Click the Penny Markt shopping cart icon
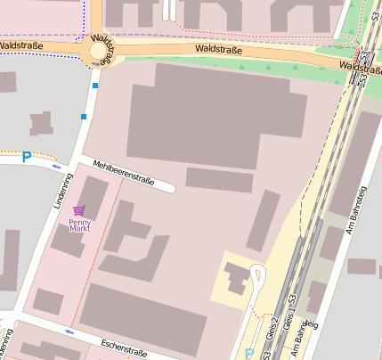80,211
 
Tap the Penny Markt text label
80,225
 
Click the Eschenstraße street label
112,347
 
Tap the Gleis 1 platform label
287,331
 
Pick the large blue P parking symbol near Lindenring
27,156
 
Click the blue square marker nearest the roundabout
95,86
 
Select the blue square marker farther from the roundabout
85,117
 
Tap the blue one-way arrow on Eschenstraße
69,332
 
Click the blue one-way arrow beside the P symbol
57,166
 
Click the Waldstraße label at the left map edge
20,44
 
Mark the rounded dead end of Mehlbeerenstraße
169,188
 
